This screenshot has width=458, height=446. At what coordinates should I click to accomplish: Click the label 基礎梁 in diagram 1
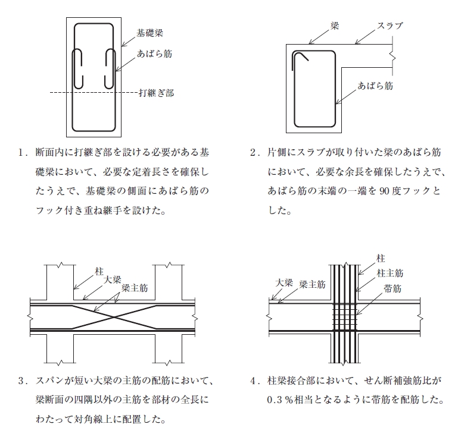coord(149,33)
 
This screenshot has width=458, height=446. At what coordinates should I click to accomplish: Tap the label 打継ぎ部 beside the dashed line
coord(156,93)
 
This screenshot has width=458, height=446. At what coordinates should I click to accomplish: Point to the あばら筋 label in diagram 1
coord(154,54)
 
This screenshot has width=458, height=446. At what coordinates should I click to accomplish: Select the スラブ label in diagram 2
coord(390,26)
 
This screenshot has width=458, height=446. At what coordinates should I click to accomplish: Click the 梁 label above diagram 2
coord(335,26)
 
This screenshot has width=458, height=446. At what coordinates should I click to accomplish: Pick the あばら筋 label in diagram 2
coord(375,86)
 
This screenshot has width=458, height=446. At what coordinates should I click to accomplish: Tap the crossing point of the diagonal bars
coord(114,317)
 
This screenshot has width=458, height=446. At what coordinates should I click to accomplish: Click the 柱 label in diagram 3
coord(99,272)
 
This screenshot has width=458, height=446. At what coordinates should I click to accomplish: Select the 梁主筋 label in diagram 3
coord(135,288)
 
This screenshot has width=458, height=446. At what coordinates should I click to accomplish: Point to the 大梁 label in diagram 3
coord(112,279)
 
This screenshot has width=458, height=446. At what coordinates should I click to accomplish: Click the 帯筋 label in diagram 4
coord(392,288)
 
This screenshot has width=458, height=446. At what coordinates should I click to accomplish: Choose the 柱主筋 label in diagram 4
coord(390,274)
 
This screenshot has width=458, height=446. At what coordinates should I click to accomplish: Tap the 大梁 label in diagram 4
coord(284,282)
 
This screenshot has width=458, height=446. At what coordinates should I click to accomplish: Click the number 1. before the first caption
coord(23,153)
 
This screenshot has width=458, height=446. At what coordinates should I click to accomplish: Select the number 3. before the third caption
coord(23,381)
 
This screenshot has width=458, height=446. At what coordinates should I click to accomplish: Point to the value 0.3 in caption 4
coord(275,400)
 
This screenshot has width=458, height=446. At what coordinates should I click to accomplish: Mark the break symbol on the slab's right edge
coord(393,56)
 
